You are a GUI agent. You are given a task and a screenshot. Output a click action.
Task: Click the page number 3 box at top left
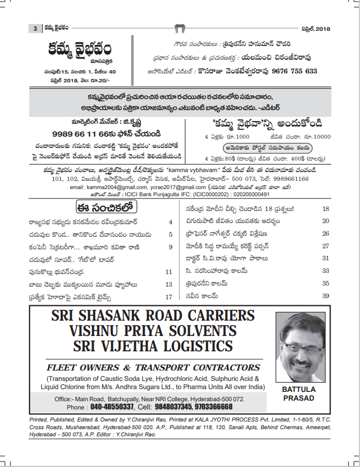[x=35, y=29]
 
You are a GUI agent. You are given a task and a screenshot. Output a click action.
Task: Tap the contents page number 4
[x=170, y=222]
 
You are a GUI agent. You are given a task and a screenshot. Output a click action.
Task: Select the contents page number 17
[x=169, y=297]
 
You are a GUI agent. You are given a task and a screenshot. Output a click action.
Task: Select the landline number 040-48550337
[x=112, y=407]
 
